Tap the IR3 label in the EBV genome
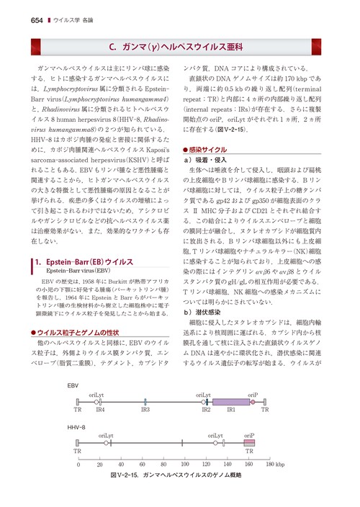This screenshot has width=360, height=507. [145, 409]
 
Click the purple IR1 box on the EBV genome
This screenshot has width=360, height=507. [230, 402]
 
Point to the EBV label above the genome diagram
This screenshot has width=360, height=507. [73, 386]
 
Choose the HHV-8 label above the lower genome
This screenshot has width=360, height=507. [76, 429]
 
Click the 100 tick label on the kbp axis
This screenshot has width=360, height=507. [185, 465]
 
